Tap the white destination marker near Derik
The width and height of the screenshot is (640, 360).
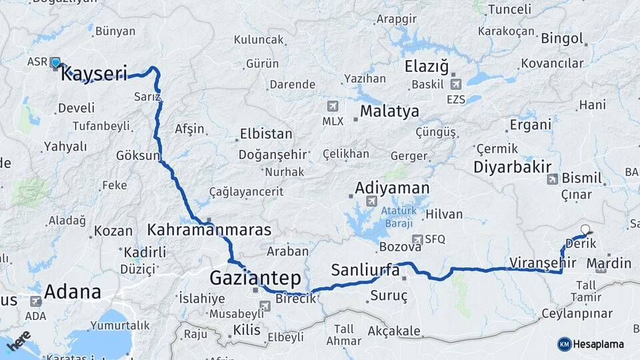[586, 230]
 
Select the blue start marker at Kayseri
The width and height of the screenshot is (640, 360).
[56, 63]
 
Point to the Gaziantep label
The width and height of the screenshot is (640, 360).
[255, 278]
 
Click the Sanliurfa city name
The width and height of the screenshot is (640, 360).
[365, 271]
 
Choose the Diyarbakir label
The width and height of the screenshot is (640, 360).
[513, 167]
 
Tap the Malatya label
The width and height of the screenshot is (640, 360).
[389, 111]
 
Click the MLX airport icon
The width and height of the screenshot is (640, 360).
[333, 106]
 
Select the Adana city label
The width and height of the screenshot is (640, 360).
[73, 291]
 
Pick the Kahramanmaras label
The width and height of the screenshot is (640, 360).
[209, 231]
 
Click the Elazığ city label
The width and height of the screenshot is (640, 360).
[427, 67]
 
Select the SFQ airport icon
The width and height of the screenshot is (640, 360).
[417, 239]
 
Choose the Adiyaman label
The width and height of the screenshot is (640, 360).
[393, 188]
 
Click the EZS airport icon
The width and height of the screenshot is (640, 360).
[457, 84]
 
